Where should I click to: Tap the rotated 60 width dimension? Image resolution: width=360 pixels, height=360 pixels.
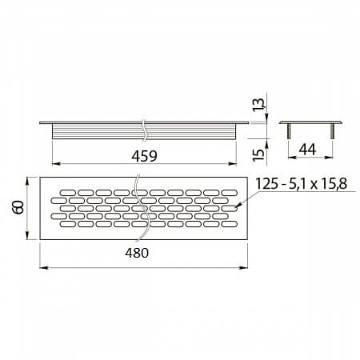pyautogui.click(x=18, y=210)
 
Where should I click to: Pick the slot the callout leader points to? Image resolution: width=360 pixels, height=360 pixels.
pyautogui.click(x=232, y=210)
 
